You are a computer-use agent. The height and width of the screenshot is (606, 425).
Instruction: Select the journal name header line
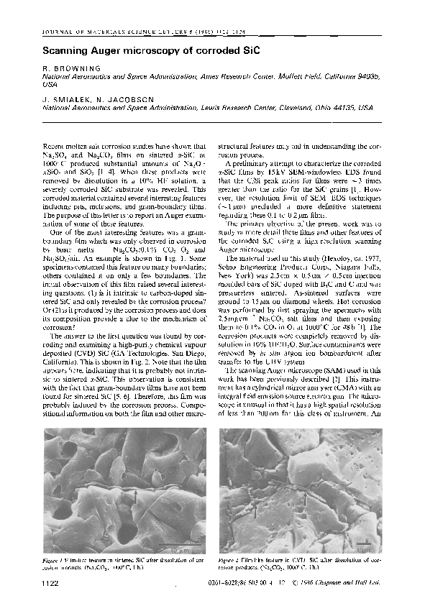click(133, 33)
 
